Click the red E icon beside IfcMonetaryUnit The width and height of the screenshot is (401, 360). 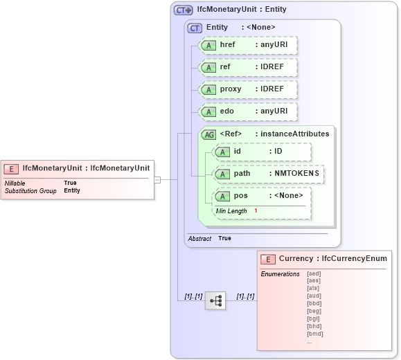pyautogui.click(x=12, y=168)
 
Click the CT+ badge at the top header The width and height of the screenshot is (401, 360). pyautogui.click(x=183, y=10)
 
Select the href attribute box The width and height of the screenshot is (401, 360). pyautogui.click(x=248, y=45)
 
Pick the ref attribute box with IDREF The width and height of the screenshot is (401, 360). pyautogui.click(x=248, y=67)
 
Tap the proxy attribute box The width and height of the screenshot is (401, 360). pyautogui.click(x=248, y=89)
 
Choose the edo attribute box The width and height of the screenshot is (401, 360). pyautogui.click(x=248, y=111)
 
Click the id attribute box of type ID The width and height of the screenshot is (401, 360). pyautogui.click(x=262, y=152)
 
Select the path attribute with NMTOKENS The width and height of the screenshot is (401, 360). pyautogui.click(x=268, y=174)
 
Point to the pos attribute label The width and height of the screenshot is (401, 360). pyautogui.click(x=240, y=196)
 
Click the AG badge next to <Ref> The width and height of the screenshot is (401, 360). pyautogui.click(x=208, y=134)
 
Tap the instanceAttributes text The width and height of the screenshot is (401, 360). pyautogui.click(x=294, y=134)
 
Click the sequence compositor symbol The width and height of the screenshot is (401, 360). pyautogui.click(x=215, y=300)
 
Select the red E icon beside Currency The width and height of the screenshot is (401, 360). pyautogui.click(x=268, y=259)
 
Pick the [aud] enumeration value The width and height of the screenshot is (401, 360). pyautogui.click(x=314, y=296)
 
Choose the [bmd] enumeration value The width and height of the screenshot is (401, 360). pyautogui.click(x=314, y=334)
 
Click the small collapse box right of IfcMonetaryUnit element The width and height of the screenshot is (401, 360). pyautogui.click(x=157, y=180)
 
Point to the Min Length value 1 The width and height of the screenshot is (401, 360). pyautogui.click(x=255, y=210)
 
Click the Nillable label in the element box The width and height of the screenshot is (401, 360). pyautogui.click(x=15, y=183)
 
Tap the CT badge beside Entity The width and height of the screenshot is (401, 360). pyautogui.click(x=195, y=28)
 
